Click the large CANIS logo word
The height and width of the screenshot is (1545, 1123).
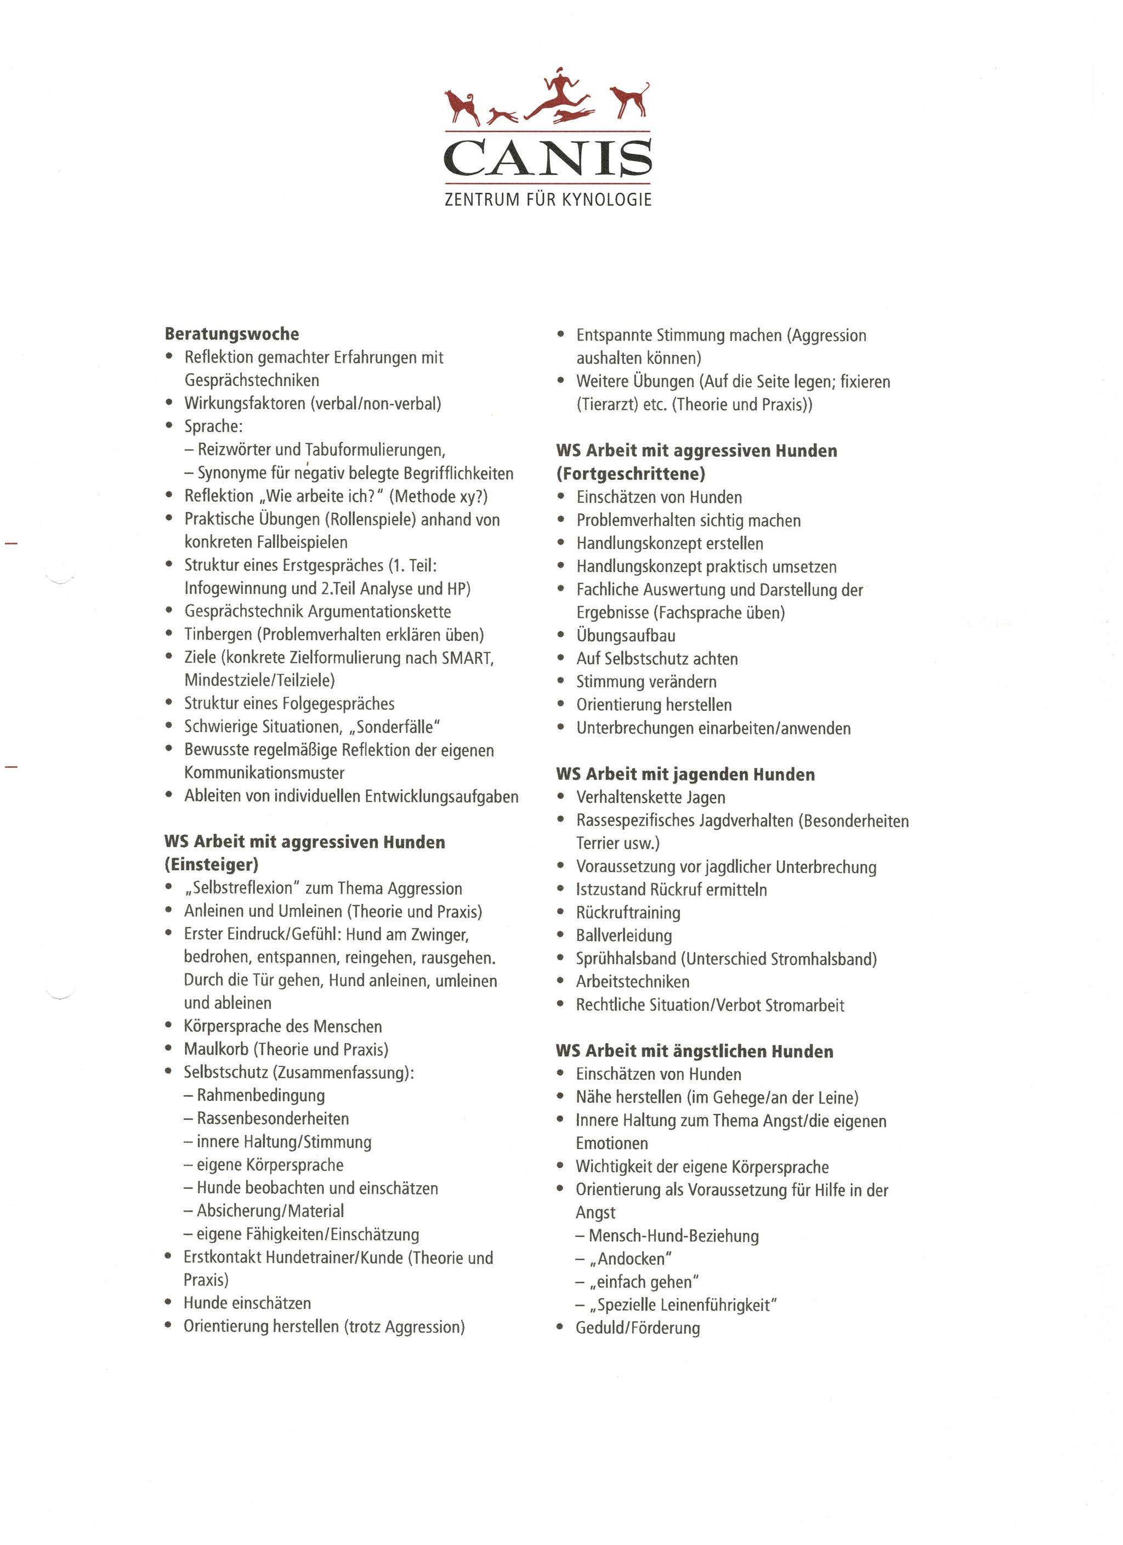[548, 158]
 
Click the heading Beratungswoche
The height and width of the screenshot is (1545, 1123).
[231, 335]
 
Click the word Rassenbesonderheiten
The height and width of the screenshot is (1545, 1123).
[273, 1118]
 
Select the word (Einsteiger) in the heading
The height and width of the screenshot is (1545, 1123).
[212, 865]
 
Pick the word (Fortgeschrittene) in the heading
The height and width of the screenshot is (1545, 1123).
[631, 474]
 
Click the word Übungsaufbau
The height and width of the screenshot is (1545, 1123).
[626, 636]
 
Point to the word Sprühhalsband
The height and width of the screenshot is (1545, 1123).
[626, 959]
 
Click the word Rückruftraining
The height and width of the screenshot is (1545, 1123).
[628, 913]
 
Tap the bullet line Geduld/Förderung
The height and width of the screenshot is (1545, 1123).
[637, 1328]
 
